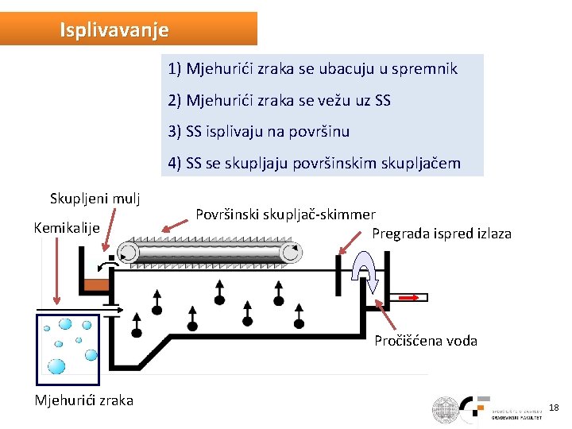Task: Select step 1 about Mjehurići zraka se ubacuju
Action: pyautogui.click(x=312, y=68)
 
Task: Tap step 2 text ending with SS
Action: pyautogui.click(x=279, y=101)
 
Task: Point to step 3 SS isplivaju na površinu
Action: pyautogui.click(x=258, y=131)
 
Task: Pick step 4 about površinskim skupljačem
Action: pyautogui.click(x=314, y=164)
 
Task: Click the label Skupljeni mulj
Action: pyautogui.click(x=95, y=199)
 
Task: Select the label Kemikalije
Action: pyautogui.click(x=66, y=228)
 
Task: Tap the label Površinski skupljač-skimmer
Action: pyautogui.click(x=285, y=214)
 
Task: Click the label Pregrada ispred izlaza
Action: pyautogui.click(x=442, y=234)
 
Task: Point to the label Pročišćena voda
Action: pyautogui.click(x=426, y=341)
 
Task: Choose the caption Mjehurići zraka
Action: pyautogui.click(x=83, y=400)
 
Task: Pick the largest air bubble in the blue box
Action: pyautogui.click(x=57, y=366)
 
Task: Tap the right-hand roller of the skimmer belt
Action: pyautogui.click(x=292, y=253)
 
